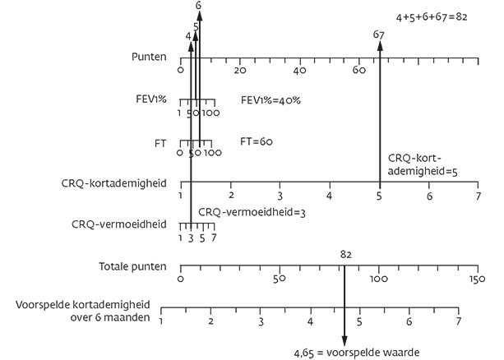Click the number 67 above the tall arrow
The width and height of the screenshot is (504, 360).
tap(379, 35)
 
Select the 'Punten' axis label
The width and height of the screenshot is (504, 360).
tap(150, 58)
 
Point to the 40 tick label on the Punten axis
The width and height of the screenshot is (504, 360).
tap(299, 71)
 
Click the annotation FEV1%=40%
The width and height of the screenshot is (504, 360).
tap(270, 99)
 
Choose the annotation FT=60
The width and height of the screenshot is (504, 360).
tap(257, 141)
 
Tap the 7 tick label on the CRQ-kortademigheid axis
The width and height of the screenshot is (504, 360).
tap(478, 196)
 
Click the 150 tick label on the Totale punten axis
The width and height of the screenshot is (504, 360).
tap(478, 280)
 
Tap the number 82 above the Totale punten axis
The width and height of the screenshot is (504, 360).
tap(345, 255)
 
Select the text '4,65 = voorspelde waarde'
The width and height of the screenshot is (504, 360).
tap(357, 353)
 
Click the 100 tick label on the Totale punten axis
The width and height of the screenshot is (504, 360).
tap(378, 280)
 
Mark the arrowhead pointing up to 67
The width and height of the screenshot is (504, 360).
tap(379, 46)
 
